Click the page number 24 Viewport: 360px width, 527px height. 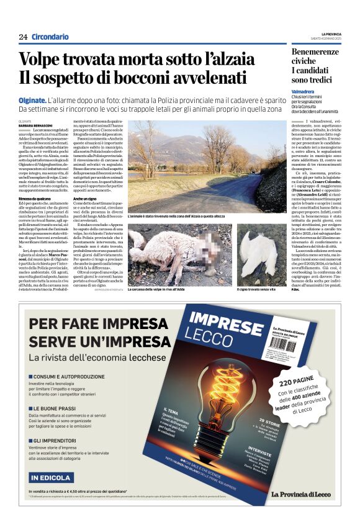point(23,37)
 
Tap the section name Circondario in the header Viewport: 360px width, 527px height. point(50,37)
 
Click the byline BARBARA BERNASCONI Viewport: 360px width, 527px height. point(36,125)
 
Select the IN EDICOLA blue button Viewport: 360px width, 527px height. point(51,477)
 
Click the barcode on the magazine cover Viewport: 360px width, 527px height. point(284,345)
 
